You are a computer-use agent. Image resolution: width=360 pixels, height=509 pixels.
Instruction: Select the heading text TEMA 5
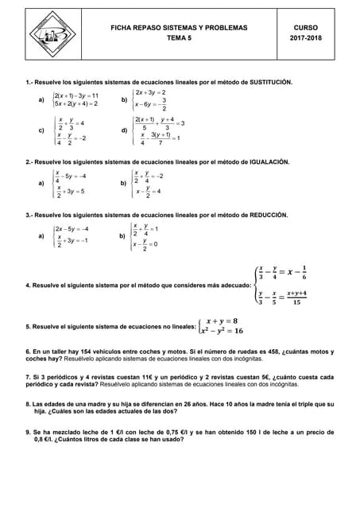[x=179, y=38]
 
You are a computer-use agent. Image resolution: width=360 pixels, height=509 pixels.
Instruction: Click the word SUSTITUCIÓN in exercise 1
[x=259, y=82]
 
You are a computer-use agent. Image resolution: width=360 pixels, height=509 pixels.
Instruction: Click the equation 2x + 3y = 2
[x=151, y=92]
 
